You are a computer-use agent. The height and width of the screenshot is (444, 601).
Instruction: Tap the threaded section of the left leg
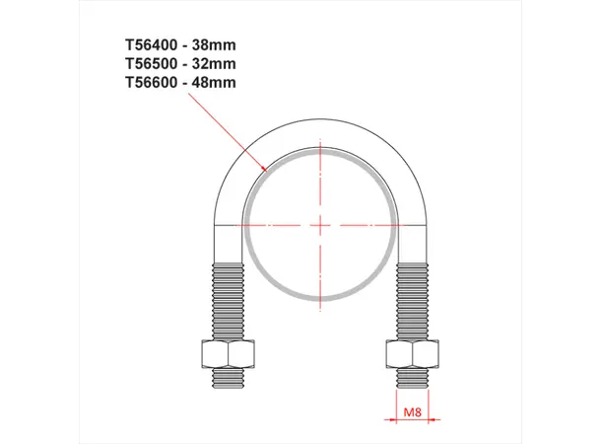pyautogui.click(x=229, y=301)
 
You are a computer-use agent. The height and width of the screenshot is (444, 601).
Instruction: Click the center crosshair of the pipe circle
pyautogui.click(x=321, y=225)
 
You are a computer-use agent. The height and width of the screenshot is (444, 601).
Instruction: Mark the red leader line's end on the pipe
pyautogui.click(x=268, y=172)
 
